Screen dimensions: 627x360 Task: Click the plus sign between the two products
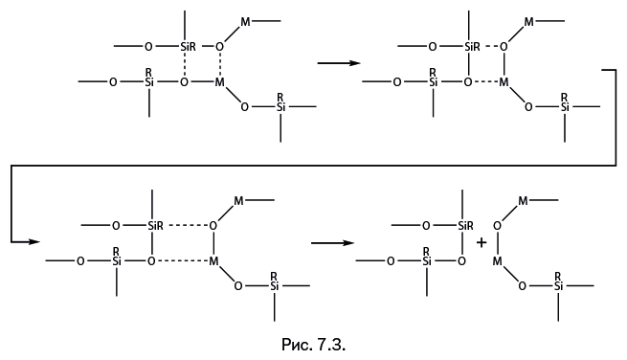point(481,242)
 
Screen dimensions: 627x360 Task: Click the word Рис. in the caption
point(297,345)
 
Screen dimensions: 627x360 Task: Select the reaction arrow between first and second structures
point(339,63)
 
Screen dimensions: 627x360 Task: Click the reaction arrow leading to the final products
point(332,242)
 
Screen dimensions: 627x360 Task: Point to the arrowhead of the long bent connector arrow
point(35,241)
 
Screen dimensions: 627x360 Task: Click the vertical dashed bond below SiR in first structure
point(185,64)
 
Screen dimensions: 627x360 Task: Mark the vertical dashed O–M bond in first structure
point(219,64)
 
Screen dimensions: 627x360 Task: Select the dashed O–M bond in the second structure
point(486,82)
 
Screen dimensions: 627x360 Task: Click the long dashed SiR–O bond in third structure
point(188,226)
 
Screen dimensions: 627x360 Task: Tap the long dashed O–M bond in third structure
point(182,261)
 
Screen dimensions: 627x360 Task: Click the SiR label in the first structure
point(188,47)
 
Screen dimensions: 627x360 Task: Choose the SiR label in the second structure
point(472,47)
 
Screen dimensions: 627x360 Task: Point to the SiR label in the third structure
point(155,226)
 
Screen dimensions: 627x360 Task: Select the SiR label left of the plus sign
point(465,226)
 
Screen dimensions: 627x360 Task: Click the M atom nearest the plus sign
point(497,261)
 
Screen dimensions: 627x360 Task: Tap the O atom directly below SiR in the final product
point(461,261)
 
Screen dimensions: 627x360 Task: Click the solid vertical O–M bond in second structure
point(504,65)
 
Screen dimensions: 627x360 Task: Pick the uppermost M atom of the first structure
point(245,22)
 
